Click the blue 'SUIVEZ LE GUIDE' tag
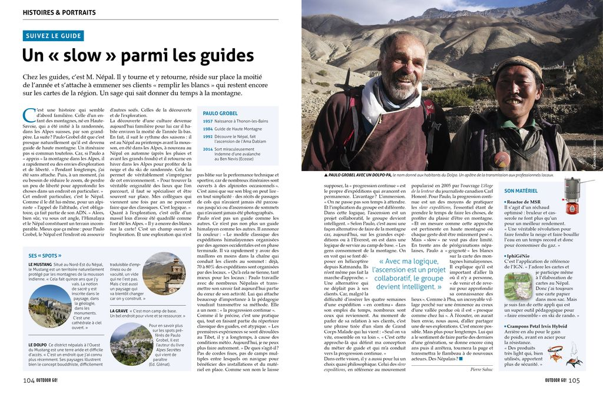pyautogui.click(x=54, y=36)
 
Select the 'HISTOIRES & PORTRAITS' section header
pyautogui.click(x=59, y=12)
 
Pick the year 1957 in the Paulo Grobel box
pyautogui.click(x=208, y=121)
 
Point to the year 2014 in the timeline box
pyautogui.click(x=208, y=149)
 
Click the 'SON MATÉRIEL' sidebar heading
pyautogui.click(x=521, y=191)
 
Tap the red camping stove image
pyautogui.click(x=572, y=196)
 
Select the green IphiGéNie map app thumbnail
pyautogui.click(x=518, y=286)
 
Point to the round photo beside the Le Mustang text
pyautogui.click(x=49, y=306)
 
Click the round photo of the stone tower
pyautogui.click(x=164, y=273)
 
